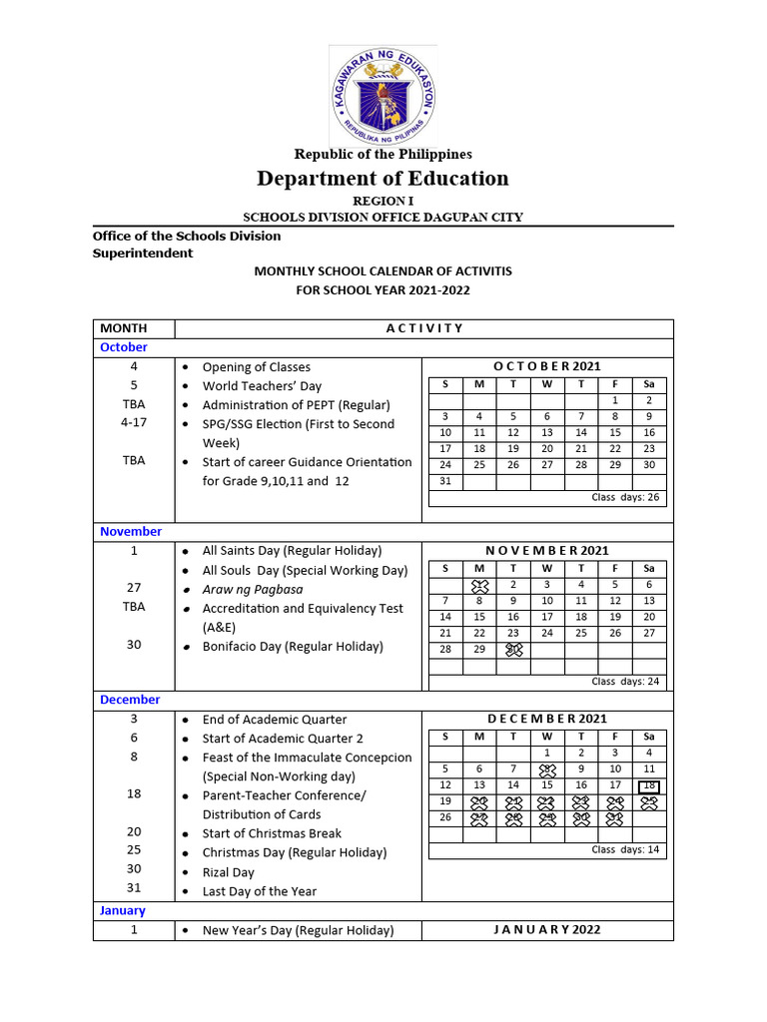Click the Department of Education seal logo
tap(383, 92)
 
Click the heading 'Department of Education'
tap(383, 179)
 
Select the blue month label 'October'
tap(124, 347)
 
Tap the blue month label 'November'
tap(131, 532)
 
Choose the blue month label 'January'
tap(123, 910)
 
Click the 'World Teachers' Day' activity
tap(262, 386)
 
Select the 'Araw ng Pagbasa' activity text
tap(253, 589)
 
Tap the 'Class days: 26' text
tap(625, 497)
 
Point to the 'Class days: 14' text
tap(625, 849)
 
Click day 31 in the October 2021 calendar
tap(445, 481)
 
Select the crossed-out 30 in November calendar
tap(513, 649)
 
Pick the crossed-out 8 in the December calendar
tap(547, 769)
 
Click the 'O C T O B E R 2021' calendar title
tap(546, 366)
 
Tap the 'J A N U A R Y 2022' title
tap(546, 929)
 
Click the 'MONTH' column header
tap(124, 328)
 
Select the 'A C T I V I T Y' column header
tap(424, 328)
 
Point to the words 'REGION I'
tap(383, 201)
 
